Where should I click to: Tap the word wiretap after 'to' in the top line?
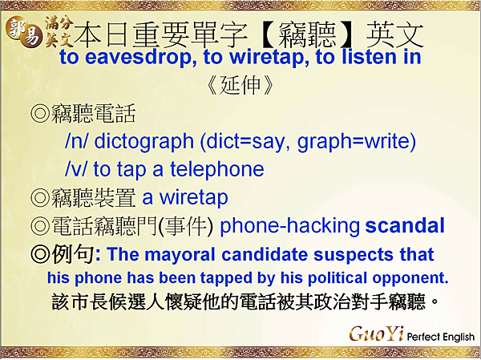click(x=241, y=58)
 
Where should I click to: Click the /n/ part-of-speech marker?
click(x=77, y=142)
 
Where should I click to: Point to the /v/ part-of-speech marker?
click(x=77, y=169)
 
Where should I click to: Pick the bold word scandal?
click(x=405, y=226)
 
